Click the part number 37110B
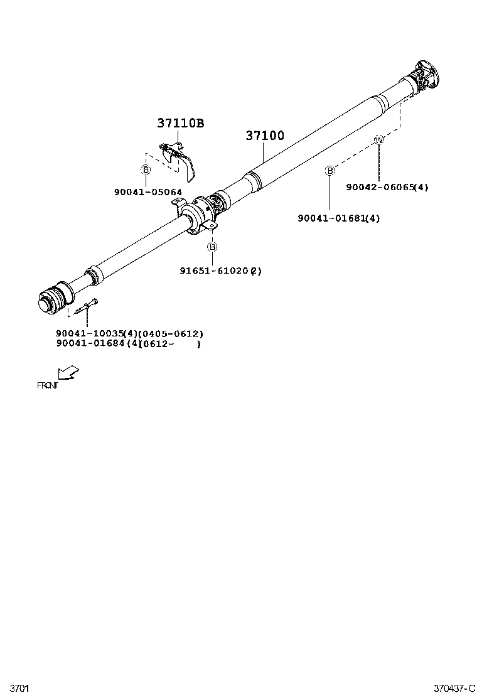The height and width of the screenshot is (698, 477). tap(180, 124)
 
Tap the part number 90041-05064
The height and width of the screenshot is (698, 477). tap(148, 192)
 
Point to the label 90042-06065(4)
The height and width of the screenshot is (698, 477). tap(387, 187)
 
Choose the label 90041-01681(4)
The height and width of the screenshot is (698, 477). tap(338, 218)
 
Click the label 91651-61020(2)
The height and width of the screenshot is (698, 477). tap(220, 271)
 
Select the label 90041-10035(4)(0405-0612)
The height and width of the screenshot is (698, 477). tap(129, 333)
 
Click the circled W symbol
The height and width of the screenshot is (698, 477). tap(378, 139)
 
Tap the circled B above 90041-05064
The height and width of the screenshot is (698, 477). tap(146, 169)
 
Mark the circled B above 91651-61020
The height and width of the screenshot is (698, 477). tap(213, 247)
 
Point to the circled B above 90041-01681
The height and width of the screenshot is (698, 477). tap(330, 170)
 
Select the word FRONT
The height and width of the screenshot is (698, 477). tap(47, 385)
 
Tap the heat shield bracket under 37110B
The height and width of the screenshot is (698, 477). tap(180, 156)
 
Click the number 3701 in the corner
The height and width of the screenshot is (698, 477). tap(19, 689)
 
